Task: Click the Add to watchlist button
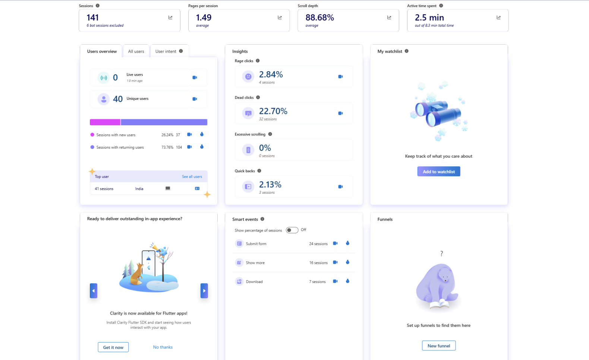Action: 439,171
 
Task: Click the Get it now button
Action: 113,347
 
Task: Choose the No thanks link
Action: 163,347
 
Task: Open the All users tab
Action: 136,51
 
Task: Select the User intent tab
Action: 166,51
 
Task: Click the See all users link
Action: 192,177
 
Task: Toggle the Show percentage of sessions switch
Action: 292,230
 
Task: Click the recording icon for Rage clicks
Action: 340,76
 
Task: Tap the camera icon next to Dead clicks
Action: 340,113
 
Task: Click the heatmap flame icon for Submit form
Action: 347,243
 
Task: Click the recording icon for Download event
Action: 335,281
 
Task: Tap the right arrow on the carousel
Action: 204,291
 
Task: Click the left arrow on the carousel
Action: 94,291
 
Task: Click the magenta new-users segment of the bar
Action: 105,122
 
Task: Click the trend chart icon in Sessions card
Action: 170,18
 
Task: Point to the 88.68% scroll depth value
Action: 319,18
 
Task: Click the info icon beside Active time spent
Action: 441,6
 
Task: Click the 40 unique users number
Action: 118,99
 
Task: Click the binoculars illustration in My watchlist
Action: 438,112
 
